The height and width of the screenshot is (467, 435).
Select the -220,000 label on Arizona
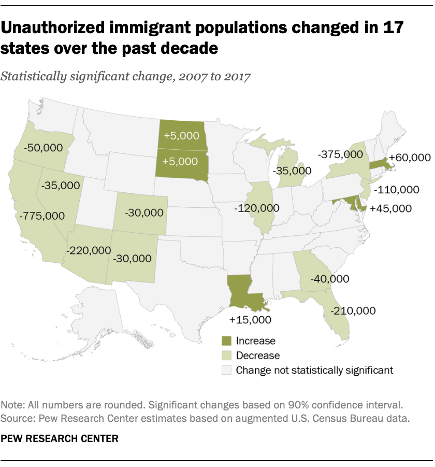coord(89,250)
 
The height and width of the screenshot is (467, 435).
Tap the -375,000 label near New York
coord(340,154)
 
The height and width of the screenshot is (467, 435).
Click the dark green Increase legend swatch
coord(226,341)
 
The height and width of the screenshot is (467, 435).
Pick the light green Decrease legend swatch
coord(226,356)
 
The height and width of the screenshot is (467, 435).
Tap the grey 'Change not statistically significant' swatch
coord(226,370)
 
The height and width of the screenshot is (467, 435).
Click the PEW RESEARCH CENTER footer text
coord(60,438)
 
